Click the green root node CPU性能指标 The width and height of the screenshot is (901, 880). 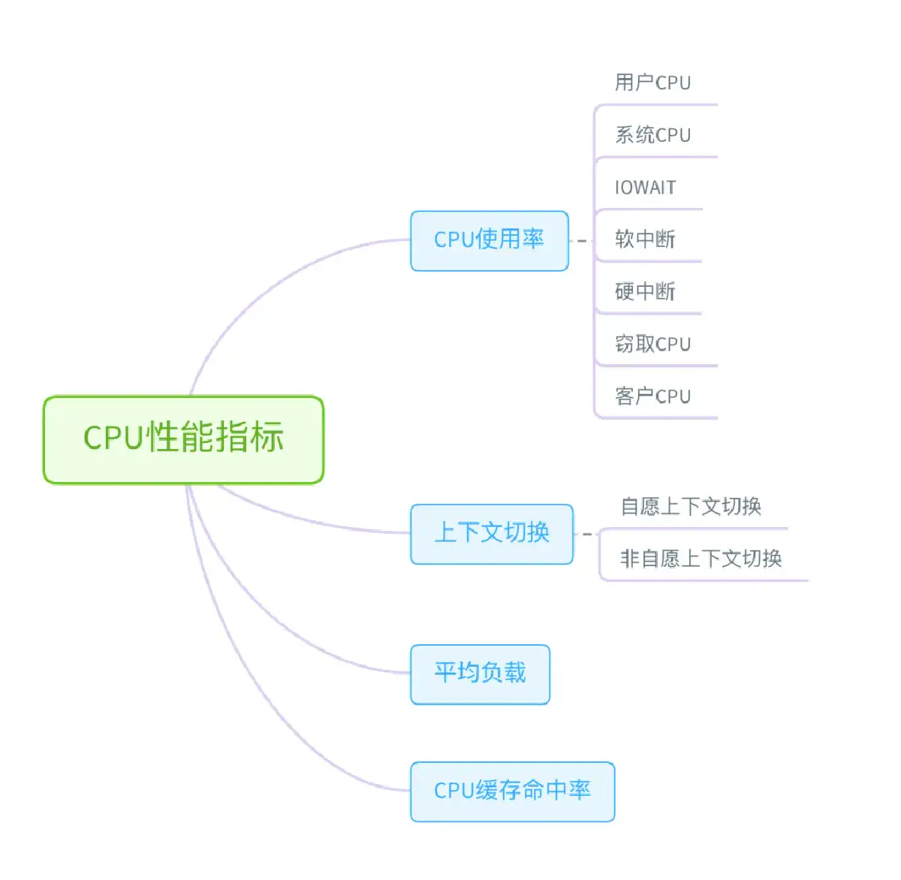point(183,439)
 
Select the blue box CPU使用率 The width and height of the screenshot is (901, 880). point(489,240)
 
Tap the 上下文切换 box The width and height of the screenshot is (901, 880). point(492,534)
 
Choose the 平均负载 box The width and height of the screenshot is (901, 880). point(480,674)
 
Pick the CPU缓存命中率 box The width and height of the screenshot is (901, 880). point(512,791)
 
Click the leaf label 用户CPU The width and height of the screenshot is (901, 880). point(652,83)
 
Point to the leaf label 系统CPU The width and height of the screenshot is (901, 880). point(652,135)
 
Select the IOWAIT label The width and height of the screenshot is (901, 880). point(645,188)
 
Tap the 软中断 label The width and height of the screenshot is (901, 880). point(645,240)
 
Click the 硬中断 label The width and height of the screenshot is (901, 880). point(645,291)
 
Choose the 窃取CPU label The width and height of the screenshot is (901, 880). point(652,344)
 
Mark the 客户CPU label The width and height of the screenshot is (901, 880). point(652,396)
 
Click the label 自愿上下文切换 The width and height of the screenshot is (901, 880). point(691,507)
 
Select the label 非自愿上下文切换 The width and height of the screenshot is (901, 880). point(701,559)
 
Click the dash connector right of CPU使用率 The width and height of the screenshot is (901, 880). point(581,241)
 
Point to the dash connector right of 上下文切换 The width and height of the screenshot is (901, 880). point(587,535)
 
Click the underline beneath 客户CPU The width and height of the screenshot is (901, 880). point(661,417)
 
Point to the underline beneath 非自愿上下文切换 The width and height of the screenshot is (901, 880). point(706,580)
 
